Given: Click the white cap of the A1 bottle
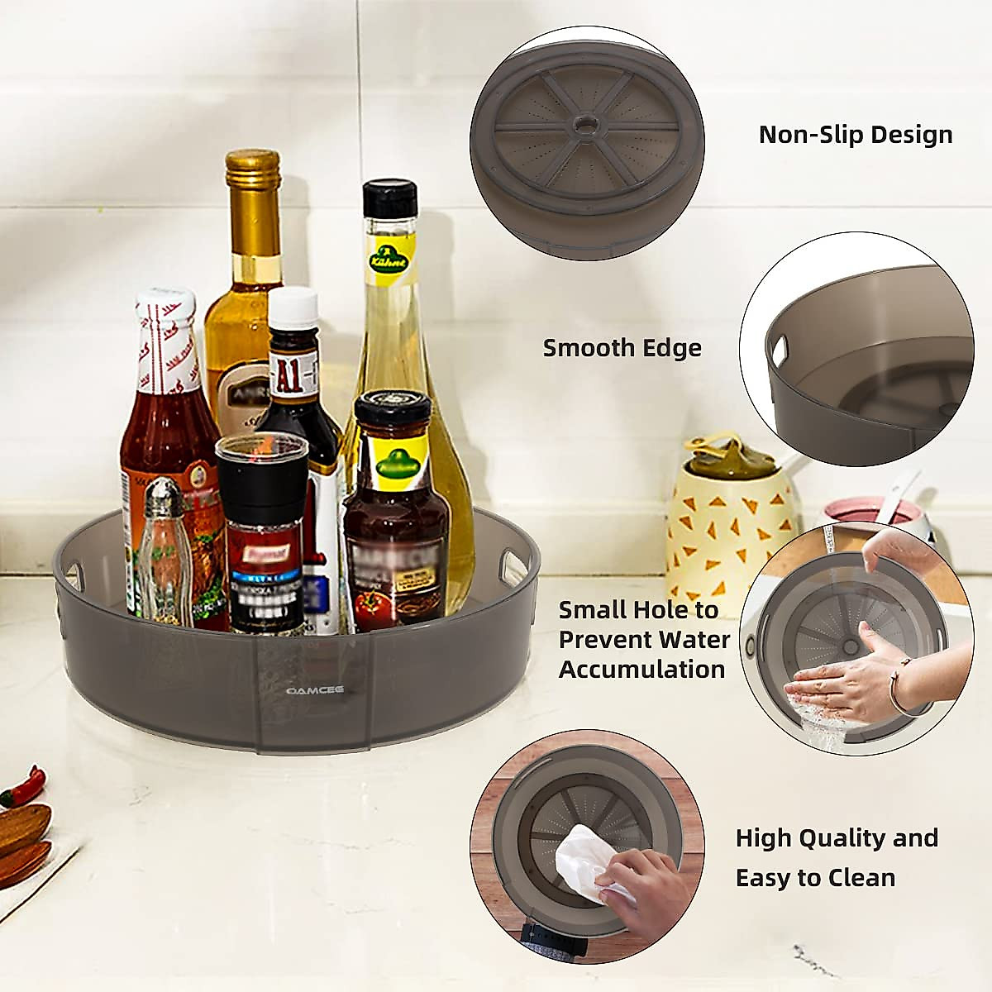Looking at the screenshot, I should coord(294,308).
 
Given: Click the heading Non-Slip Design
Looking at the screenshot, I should coord(856,134).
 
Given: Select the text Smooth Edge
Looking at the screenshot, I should coord(622,348).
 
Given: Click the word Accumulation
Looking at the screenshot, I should coord(641,669).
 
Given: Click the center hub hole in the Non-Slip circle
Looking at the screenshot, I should coord(586,123).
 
